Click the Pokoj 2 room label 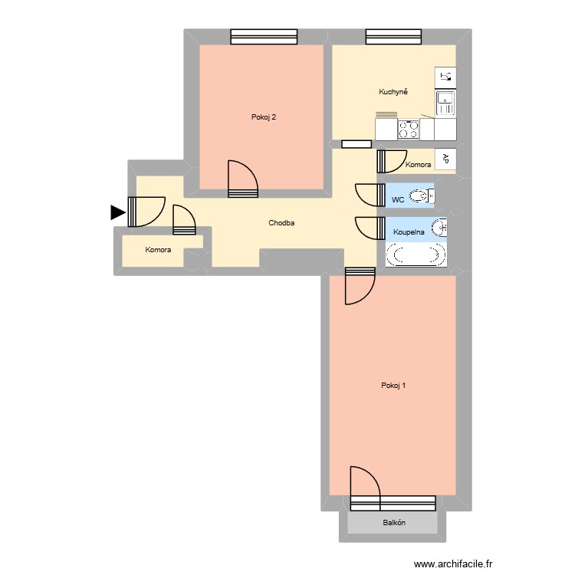click(x=263, y=117)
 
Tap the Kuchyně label click(x=393, y=92)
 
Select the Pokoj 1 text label click(x=393, y=386)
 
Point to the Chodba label click(x=281, y=224)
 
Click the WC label click(x=397, y=199)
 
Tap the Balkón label click(x=393, y=523)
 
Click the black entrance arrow click(x=117, y=212)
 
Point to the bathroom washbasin click(x=439, y=228)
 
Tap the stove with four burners click(x=409, y=130)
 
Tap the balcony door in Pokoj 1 click(x=365, y=486)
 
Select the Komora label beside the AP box click(x=418, y=165)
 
